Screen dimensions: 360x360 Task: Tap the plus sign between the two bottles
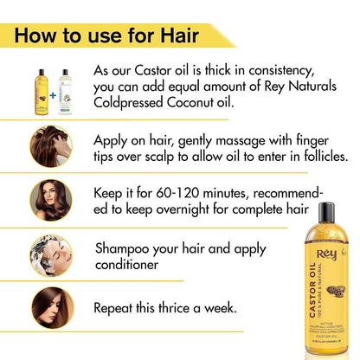pos(50,84)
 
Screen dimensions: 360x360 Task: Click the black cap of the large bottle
pos(326,213)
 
